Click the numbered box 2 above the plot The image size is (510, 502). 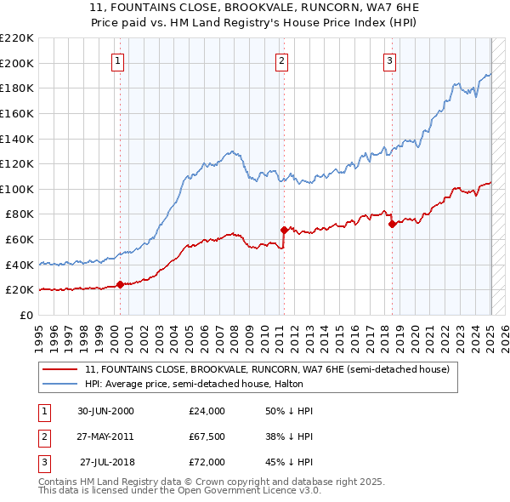click(281, 60)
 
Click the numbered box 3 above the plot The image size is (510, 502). click(389, 60)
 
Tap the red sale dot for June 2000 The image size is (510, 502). click(120, 284)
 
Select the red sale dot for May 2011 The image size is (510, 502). click(284, 229)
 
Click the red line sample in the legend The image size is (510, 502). click(59, 369)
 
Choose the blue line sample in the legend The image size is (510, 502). click(59, 384)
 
